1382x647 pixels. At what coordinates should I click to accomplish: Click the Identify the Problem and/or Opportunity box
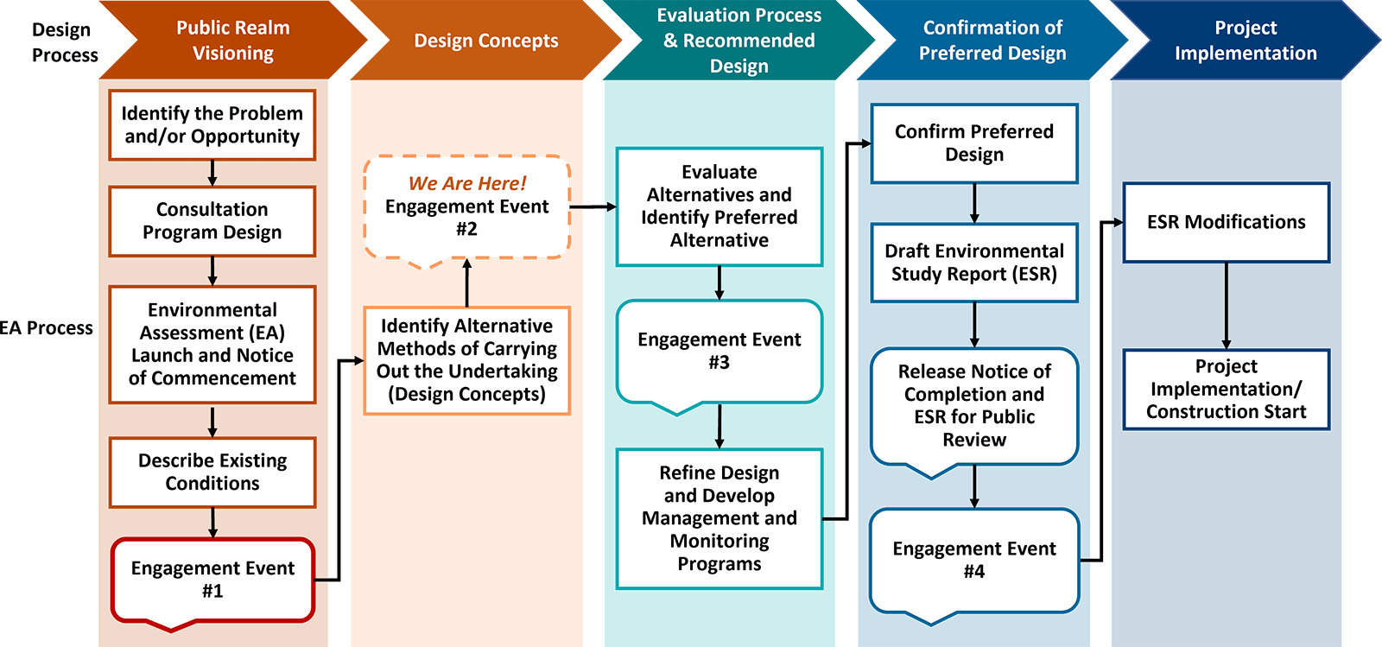tap(212, 125)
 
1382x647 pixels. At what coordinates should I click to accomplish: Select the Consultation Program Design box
tap(212, 221)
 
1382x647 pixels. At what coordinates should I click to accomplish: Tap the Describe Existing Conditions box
tap(212, 472)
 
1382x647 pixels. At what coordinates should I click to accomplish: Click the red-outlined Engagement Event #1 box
tap(212, 579)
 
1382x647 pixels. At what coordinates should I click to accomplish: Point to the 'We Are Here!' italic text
tap(466, 183)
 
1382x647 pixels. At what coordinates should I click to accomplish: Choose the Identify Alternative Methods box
tap(466, 360)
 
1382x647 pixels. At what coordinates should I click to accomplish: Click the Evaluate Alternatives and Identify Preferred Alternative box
tap(719, 206)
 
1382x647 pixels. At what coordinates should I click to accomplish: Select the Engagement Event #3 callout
tap(719, 351)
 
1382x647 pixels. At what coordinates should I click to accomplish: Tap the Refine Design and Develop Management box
tap(719, 518)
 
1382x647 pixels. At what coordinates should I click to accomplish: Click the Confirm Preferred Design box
tap(973, 143)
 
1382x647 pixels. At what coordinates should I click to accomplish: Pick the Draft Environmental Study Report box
tap(973, 263)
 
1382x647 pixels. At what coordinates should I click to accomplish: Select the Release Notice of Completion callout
tap(973, 406)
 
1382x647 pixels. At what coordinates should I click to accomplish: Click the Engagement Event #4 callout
tap(973, 560)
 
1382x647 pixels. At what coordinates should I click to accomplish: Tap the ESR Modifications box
tap(1226, 222)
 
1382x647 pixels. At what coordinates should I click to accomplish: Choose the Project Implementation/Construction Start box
tap(1226, 389)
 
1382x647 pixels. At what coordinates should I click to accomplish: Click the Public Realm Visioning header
tap(232, 40)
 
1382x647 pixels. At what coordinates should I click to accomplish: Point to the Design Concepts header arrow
tap(485, 41)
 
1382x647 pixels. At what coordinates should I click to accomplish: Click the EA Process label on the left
tap(46, 328)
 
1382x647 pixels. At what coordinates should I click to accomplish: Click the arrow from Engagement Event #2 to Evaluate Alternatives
tap(593, 206)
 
